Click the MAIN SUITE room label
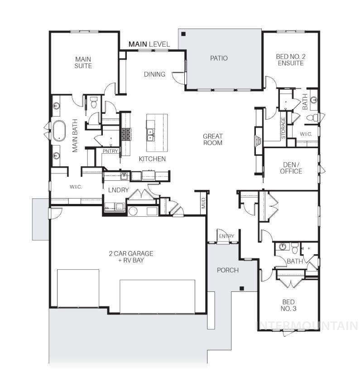[x=83, y=62]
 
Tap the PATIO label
[x=219, y=58]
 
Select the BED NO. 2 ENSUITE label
[x=290, y=60]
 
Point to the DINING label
[x=154, y=74]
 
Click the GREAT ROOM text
[x=212, y=140]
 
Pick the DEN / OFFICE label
[x=291, y=168]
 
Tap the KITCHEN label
[x=152, y=159]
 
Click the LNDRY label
[x=119, y=190]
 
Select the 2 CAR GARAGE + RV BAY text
[x=131, y=257]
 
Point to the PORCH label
[x=228, y=270]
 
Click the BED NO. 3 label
[x=288, y=305]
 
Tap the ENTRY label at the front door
[x=226, y=236]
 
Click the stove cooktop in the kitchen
[x=125, y=134]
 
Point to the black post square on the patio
[x=183, y=34]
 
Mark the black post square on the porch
[x=242, y=288]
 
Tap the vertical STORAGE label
[x=283, y=128]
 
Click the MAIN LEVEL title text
[x=149, y=44]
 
